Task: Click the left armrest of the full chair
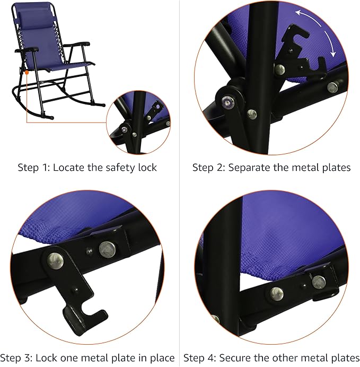click(30, 50)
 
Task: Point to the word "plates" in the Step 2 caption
click(336, 168)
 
